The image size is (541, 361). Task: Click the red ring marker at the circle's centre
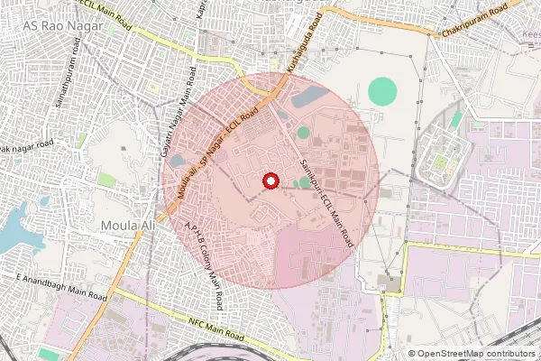point(269,180)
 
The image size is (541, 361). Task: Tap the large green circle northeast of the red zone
point(383,90)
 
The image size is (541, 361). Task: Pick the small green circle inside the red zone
point(303,133)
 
